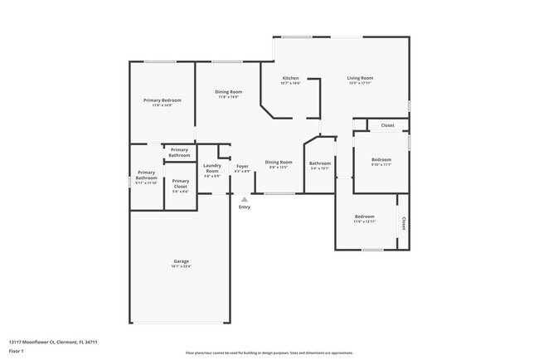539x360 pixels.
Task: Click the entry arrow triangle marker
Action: (x=244, y=199)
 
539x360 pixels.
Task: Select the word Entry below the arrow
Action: (x=244, y=207)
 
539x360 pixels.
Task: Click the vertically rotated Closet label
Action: (x=404, y=222)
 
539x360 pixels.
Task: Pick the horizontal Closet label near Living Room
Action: (x=387, y=125)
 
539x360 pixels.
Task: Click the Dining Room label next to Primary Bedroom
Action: (x=229, y=93)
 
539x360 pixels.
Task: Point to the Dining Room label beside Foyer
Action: (x=279, y=163)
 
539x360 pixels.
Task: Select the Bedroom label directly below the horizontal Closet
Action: (x=381, y=161)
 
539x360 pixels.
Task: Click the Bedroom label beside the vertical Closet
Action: (x=365, y=218)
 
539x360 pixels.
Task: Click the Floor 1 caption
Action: (x=17, y=352)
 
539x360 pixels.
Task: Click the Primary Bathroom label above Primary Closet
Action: (x=179, y=153)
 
